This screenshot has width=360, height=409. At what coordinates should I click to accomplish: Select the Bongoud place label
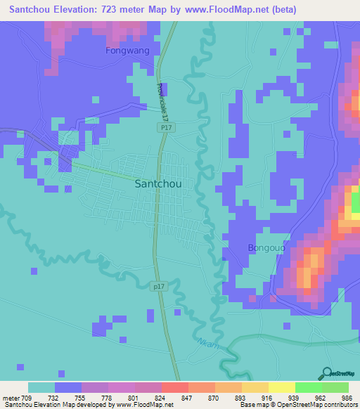pos(265,247)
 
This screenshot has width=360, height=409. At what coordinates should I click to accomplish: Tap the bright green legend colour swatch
pos(308,387)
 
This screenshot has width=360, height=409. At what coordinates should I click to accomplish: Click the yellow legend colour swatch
pos(281,387)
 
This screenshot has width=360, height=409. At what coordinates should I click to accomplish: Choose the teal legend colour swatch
pos(41,387)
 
